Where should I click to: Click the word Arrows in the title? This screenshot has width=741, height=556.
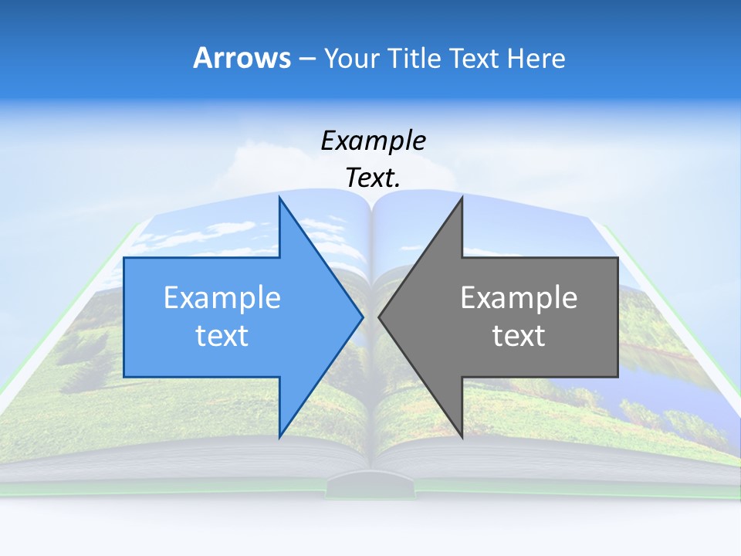[242, 58]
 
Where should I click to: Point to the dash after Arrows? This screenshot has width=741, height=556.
[306, 59]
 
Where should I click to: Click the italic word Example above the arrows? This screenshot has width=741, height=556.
[373, 141]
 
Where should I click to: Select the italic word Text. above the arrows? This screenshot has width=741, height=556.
[373, 178]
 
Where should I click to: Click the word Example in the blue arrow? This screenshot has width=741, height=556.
[222, 298]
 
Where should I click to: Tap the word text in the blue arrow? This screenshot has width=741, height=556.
[222, 336]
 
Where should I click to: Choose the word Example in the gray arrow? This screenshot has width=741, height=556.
[519, 298]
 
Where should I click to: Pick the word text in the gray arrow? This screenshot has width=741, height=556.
[519, 336]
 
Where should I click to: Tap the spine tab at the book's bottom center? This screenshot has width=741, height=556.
[370, 486]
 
